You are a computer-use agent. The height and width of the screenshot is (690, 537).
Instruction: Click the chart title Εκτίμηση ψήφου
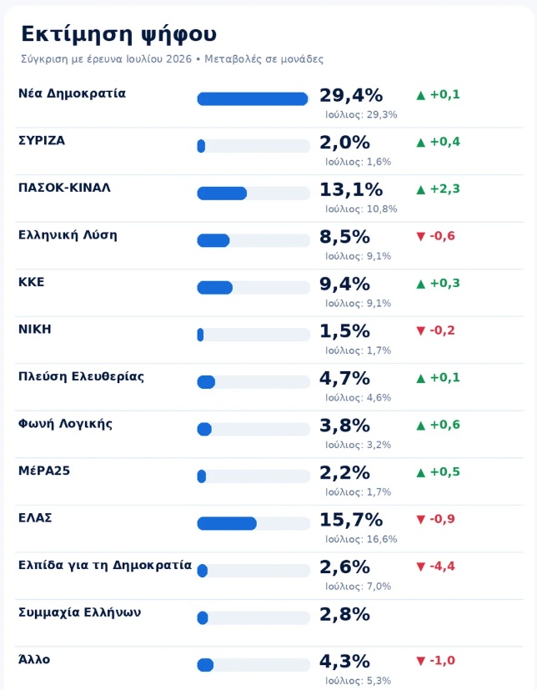pyautogui.click(x=118, y=35)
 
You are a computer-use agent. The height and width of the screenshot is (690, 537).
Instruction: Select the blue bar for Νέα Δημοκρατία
pyautogui.click(x=253, y=99)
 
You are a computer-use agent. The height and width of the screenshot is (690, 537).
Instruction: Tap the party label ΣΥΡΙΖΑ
pyautogui.click(x=42, y=141)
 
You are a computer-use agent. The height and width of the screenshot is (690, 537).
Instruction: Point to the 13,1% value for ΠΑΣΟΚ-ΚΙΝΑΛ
pyautogui.click(x=351, y=189)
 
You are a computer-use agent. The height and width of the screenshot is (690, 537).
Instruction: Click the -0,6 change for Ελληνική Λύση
pyautogui.click(x=435, y=236)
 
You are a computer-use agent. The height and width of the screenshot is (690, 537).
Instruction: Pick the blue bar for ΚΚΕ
pyautogui.click(x=214, y=288)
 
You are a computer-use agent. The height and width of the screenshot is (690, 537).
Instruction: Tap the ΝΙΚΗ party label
pyautogui.click(x=35, y=330)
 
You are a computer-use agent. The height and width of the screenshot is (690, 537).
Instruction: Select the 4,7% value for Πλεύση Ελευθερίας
pyautogui.click(x=344, y=379)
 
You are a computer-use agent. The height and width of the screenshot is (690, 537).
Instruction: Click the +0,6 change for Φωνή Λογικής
pyautogui.click(x=438, y=425)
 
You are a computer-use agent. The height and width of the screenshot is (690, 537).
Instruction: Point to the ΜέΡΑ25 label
pyautogui.click(x=44, y=471)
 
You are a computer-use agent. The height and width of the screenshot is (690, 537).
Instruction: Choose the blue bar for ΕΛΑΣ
pyautogui.click(x=227, y=524)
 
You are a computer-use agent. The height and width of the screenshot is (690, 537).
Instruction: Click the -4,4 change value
pyautogui.click(x=435, y=567)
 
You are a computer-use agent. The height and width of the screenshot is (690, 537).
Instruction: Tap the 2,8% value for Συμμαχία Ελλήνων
pyautogui.click(x=344, y=614)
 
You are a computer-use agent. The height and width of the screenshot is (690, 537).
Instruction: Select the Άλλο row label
pyautogui.click(x=34, y=659)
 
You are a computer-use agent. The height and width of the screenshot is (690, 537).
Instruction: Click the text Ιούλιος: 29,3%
pyautogui.click(x=361, y=115)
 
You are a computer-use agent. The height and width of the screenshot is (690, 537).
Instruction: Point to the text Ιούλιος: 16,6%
pyautogui.click(x=361, y=540)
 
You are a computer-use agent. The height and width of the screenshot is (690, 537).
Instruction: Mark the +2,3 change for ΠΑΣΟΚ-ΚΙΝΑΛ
pyautogui.click(x=438, y=189)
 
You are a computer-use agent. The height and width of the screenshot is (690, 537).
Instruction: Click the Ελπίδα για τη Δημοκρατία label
pyautogui.click(x=105, y=565)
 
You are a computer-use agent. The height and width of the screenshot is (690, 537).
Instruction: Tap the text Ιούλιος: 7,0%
pyautogui.click(x=358, y=587)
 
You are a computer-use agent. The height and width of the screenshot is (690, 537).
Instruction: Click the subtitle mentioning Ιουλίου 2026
pyautogui.click(x=172, y=59)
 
